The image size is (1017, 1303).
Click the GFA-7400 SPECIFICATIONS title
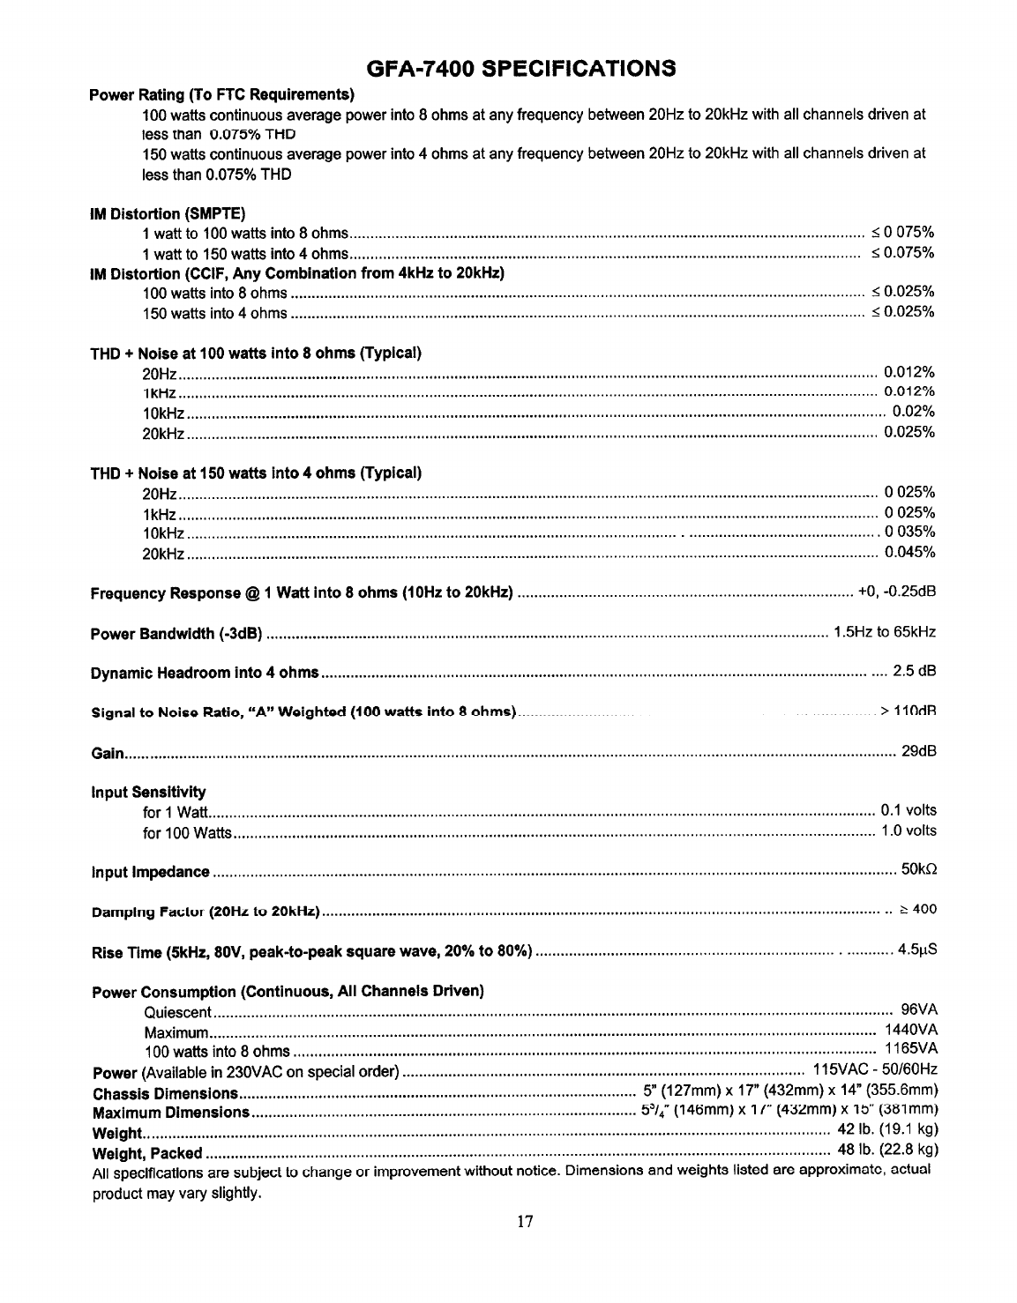click(x=521, y=68)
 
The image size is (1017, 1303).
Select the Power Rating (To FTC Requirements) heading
click(x=222, y=94)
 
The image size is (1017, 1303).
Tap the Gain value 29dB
click(x=918, y=751)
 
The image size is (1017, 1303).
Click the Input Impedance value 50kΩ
click(x=918, y=872)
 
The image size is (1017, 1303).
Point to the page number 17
click(x=525, y=1222)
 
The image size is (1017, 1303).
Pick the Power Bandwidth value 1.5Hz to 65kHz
click(x=884, y=632)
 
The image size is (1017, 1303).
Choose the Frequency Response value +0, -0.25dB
click(x=896, y=591)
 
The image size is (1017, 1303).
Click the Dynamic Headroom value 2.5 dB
click(x=914, y=672)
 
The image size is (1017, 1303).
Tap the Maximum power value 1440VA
click(x=911, y=1030)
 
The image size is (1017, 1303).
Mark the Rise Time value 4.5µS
click(x=916, y=950)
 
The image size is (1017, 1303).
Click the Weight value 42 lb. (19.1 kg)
click(x=887, y=1131)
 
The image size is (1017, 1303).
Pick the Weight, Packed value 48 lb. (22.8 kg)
click(x=887, y=1151)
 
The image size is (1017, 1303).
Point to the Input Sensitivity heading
click(x=148, y=791)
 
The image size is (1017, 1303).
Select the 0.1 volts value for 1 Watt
click(x=909, y=810)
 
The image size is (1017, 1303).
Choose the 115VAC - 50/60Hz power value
click(x=874, y=1071)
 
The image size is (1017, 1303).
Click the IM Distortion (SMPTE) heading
click(x=168, y=213)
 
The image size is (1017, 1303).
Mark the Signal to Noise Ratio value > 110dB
click(x=908, y=711)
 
